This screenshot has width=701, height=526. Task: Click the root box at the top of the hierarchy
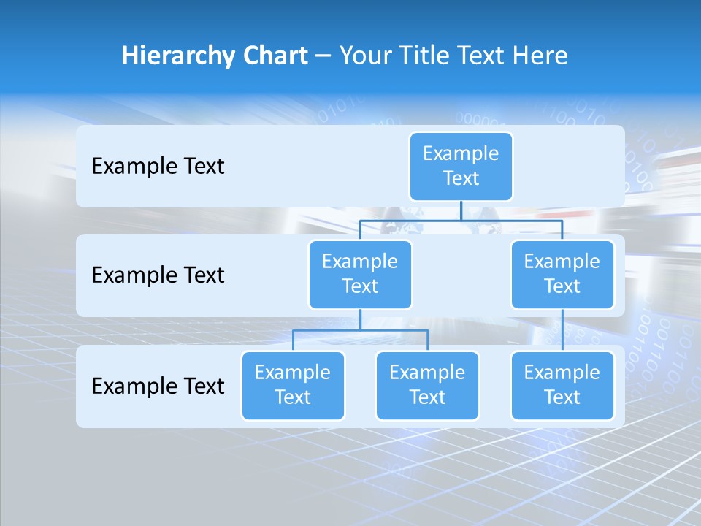461,166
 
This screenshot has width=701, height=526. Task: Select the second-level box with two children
360,274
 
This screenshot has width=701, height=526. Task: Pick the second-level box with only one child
562,274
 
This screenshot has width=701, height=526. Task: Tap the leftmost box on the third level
293,385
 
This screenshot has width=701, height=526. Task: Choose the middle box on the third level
427,385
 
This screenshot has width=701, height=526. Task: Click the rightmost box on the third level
562,385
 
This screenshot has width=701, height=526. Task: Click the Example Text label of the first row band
158,167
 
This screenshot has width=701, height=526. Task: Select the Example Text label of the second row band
158,275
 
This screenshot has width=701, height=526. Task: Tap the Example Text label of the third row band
158,386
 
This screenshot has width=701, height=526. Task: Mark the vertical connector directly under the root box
461,210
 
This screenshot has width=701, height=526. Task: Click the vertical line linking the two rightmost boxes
562,330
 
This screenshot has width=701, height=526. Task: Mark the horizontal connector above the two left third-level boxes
360,330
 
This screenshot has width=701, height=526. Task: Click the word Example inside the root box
461,153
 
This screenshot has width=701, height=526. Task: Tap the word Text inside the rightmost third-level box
562,397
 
